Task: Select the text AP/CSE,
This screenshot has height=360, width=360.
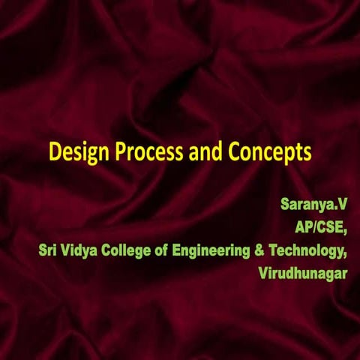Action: (320, 226)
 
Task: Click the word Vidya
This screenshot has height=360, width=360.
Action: (82, 250)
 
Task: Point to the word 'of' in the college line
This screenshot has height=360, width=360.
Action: (169, 250)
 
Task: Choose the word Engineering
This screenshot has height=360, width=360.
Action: (216, 250)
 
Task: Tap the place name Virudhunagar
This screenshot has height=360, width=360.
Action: (302, 272)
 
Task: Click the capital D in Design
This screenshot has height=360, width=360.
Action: (55, 151)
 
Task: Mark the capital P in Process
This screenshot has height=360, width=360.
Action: (118, 151)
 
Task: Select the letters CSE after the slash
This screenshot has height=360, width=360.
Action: (331, 226)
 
